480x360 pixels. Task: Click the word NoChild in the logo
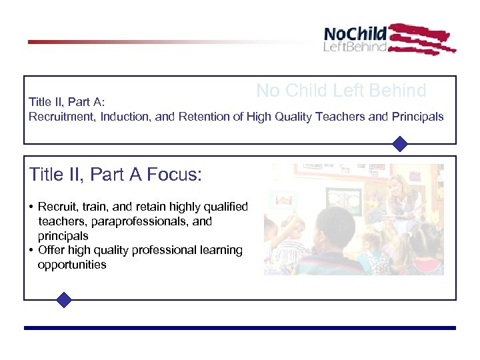(355, 34)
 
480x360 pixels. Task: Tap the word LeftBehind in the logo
(355, 47)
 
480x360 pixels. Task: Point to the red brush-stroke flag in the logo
(421, 39)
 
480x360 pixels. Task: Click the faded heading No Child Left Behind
(341, 91)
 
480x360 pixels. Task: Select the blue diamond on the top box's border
(399, 144)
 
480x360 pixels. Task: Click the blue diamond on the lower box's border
(63, 300)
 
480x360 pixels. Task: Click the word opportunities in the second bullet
(72, 265)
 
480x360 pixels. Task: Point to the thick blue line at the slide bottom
(240, 328)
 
